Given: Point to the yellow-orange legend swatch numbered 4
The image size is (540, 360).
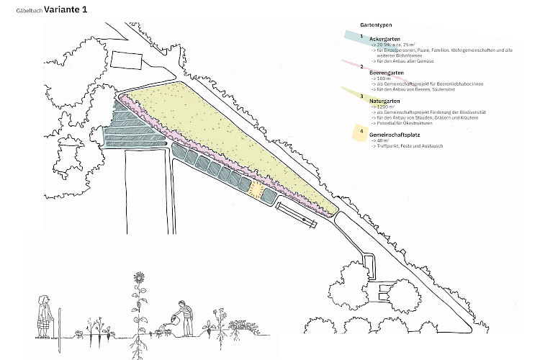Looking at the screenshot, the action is pos(361,132).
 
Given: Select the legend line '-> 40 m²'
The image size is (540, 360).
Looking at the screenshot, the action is pos(382,140).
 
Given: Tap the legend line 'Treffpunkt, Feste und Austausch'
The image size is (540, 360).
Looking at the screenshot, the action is pos(407,146).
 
